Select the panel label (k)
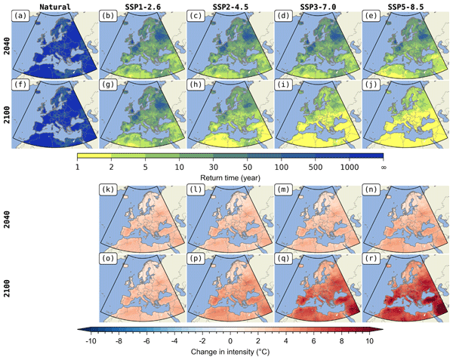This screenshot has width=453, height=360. click(109, 189)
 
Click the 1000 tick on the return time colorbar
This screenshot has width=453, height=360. click(344, 166)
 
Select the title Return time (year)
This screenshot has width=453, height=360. click(230, 175)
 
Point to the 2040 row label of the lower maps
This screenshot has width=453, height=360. click(6, 217)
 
